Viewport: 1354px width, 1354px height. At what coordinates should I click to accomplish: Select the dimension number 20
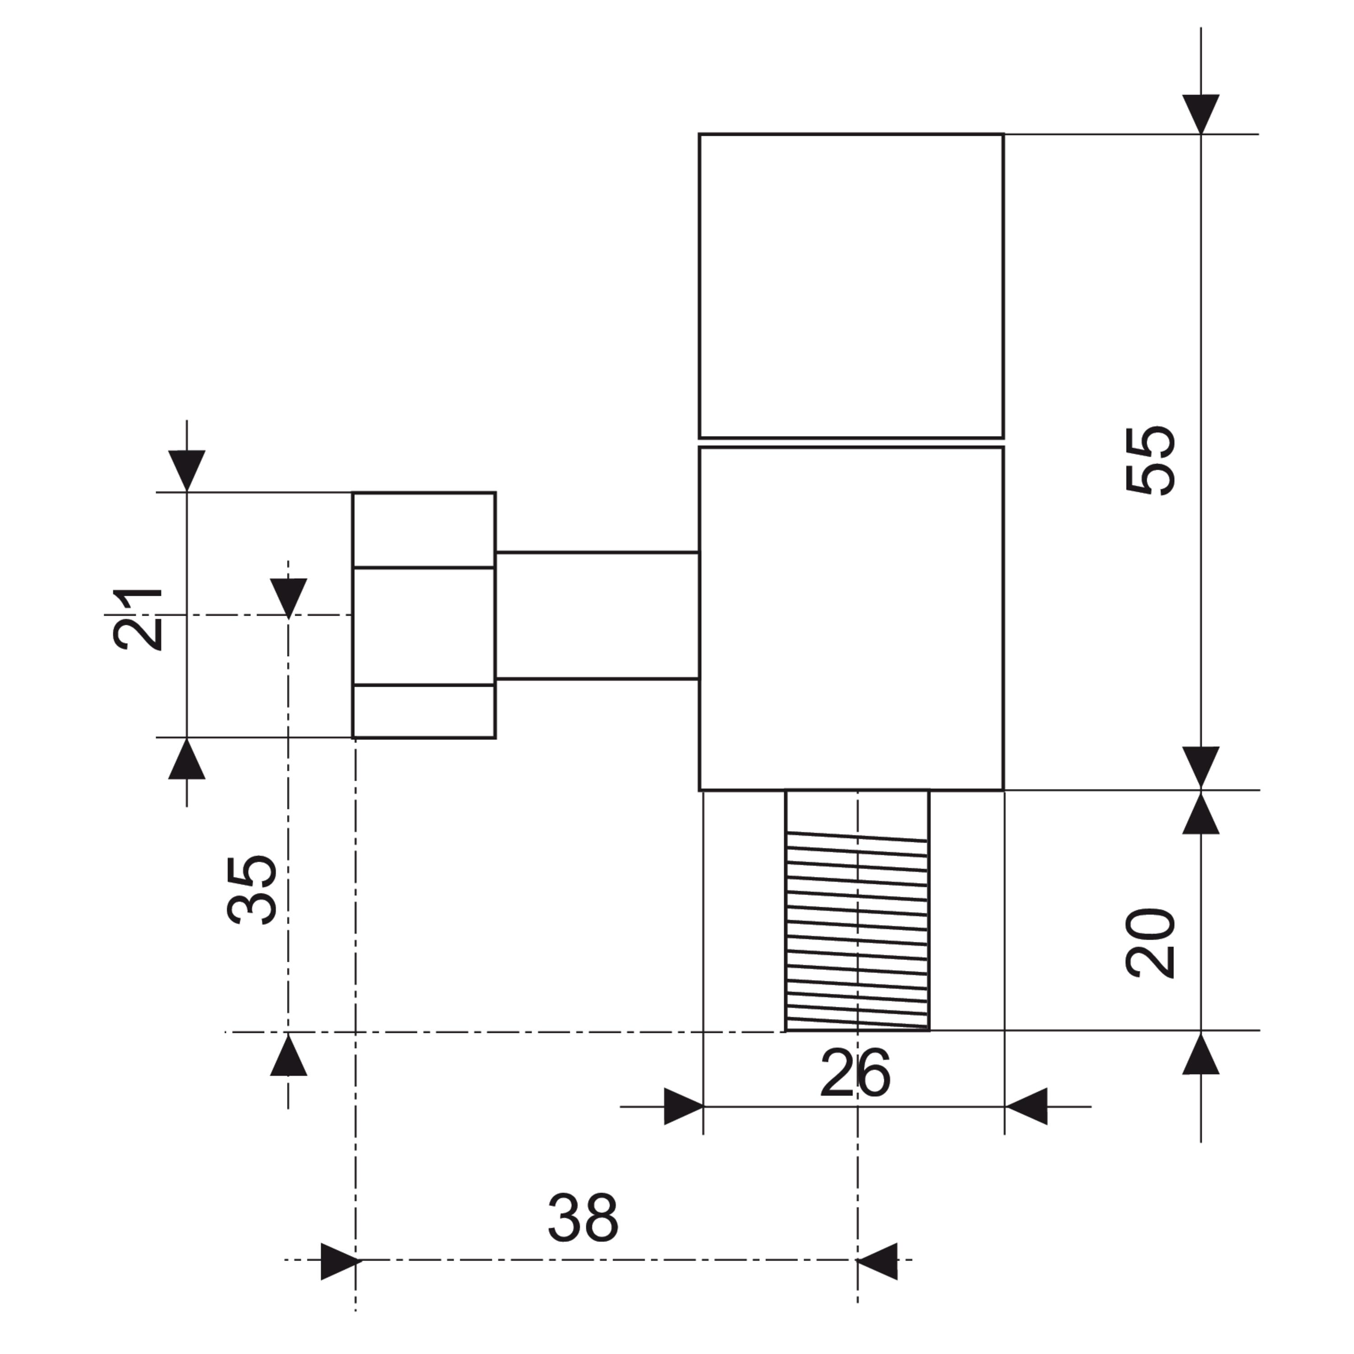click(x=1150, y=943)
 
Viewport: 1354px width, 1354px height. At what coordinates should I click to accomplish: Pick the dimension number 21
click(x=137, y=619)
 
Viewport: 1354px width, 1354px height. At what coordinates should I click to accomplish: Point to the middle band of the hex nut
click(x=424, y=626)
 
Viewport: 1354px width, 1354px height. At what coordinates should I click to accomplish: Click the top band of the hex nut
click(x=424, y=530)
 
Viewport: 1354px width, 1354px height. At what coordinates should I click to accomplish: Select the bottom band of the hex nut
click(x=424, y=711)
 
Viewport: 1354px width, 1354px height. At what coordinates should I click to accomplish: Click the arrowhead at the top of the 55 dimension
click(x=1201, y=114)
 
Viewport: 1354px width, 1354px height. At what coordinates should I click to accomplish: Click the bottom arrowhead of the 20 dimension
click(x=1201, y=1052)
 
